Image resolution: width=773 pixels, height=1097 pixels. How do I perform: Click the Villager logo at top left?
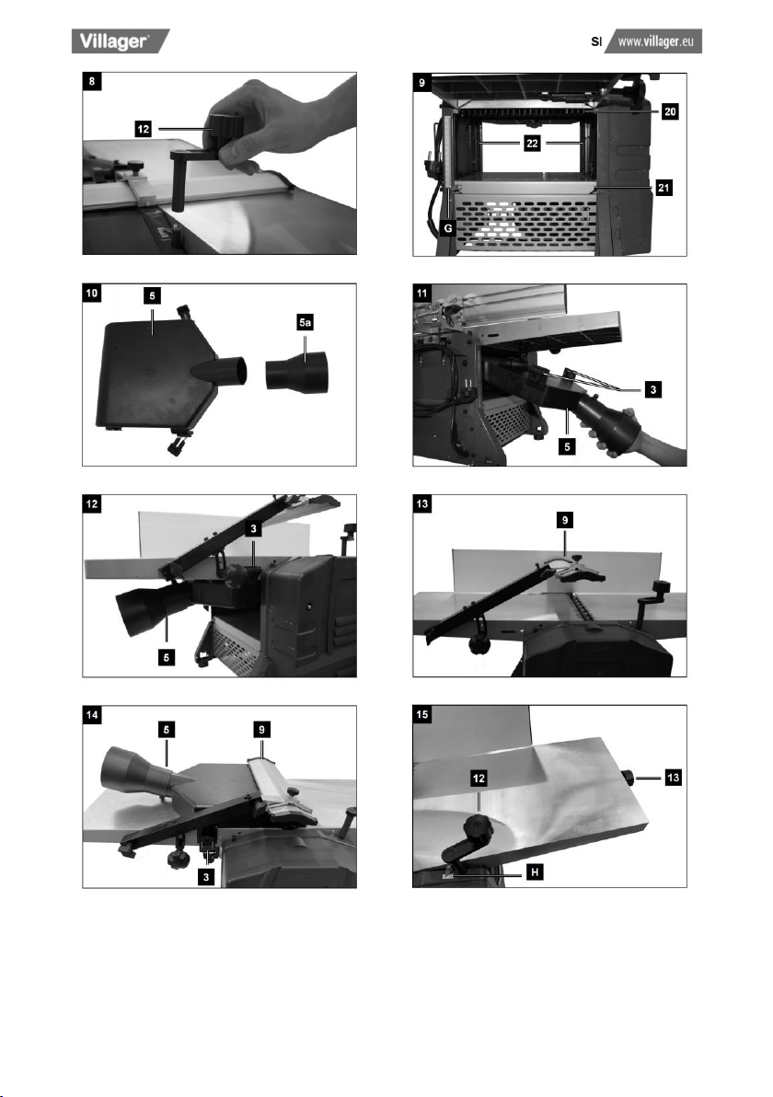(121, 41)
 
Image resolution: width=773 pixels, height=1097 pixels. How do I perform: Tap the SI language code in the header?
(596, 42)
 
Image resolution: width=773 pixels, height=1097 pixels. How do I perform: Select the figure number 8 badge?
(92, 81)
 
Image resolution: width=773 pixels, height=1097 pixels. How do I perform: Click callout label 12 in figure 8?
(144, 129)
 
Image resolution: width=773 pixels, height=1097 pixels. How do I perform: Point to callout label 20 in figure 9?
(670, 111)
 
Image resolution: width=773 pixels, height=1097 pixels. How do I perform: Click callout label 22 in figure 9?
(532, 144)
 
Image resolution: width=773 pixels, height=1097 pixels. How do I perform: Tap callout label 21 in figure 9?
(663, 188)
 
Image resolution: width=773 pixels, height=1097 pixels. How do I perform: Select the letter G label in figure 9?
(448, 228)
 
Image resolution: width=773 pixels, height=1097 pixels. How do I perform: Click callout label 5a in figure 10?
(305, 322)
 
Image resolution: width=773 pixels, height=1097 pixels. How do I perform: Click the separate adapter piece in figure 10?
(296, 370)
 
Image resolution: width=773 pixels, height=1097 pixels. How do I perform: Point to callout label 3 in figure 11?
(652, 389)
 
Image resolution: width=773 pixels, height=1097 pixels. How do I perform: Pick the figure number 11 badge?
(421, 293)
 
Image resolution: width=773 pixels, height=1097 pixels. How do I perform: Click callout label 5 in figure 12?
(166, 658)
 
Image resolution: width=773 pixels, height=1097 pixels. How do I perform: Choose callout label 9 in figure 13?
(564, 520)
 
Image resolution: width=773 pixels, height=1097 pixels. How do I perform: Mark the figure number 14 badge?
(92, 714)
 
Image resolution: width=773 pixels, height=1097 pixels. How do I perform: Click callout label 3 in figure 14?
(205, 877)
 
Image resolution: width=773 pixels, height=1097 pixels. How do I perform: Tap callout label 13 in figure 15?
(673, 778)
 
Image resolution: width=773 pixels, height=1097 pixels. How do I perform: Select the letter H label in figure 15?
(535, 872)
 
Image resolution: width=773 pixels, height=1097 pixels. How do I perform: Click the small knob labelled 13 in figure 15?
(629, 777)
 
